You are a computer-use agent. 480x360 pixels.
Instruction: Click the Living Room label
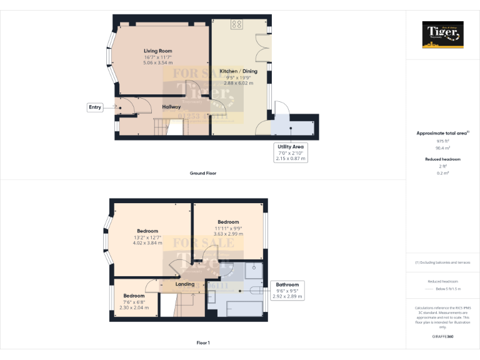[x=157, y=51]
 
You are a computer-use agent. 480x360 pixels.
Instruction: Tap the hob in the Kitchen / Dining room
[x=237, y=25]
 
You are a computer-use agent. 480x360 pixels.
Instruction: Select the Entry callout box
[x=94, y=107]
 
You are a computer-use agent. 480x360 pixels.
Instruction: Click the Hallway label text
[x=171, y=107]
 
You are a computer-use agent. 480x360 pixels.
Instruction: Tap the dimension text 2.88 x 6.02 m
[x=241, y=83]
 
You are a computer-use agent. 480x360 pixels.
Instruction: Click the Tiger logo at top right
[x=443, y=34]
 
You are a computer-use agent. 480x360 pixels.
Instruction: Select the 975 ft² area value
[x=443, y=142]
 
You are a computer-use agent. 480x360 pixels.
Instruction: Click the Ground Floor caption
[x=202, y=172]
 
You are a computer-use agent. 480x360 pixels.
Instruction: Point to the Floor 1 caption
[x=202, y=342]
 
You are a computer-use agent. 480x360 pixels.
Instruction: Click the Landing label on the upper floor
[x=185, y=284]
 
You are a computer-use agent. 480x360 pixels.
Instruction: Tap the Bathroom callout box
[x=287, y=290]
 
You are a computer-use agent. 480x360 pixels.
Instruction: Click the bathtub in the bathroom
[x=243, y=308]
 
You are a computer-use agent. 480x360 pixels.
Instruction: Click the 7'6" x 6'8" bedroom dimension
[x=134, y=302]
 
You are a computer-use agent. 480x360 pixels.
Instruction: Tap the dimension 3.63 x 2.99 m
[x=228, y=234]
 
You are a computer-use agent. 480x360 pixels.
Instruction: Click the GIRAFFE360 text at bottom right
[x=443, y=337]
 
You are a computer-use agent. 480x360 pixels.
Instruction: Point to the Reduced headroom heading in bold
[x=443, y=159]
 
